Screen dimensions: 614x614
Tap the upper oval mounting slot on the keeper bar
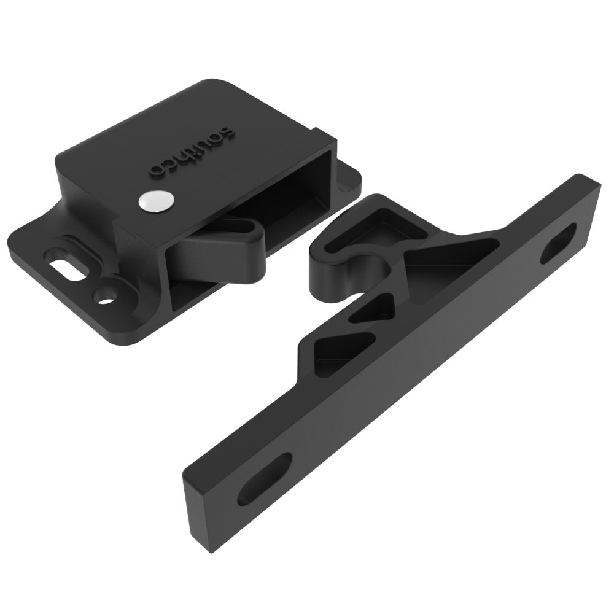(x=559, y=243)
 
